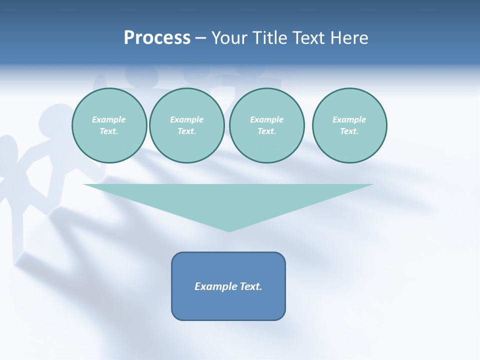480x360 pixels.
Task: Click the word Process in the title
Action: click(157, 38)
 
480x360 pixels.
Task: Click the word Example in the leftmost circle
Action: click(109, 119)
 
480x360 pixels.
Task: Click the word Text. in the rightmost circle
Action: click(349, 131)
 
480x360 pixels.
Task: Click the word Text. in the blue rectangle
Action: click(250, 286)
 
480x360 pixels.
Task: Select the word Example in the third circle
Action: click(266, 119)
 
